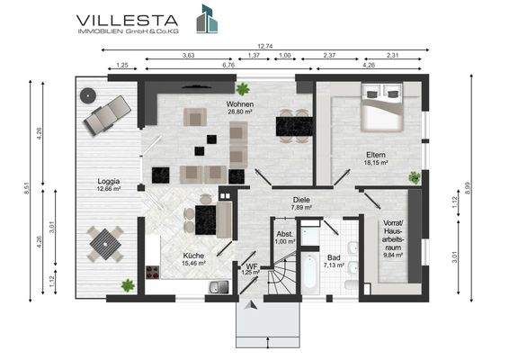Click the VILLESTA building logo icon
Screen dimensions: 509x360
[x=207, y=19]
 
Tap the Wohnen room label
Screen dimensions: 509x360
[x=240, y=104]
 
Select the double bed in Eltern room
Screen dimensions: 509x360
[x=382, y=106]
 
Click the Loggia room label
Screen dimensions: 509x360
[x=109, y=181]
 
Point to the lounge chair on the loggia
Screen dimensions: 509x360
[x=107, y=115]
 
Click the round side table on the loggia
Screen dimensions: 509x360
[x=88, y=95]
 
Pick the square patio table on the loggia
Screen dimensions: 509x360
[x=105, y=244]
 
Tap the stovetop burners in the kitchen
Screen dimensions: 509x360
[x=152, y=273]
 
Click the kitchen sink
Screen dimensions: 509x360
[x=219, y=287]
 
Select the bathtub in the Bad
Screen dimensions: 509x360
[x=309, y=272]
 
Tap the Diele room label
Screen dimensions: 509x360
[x=301, y=200]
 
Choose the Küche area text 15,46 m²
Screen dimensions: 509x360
[x=193, y=263]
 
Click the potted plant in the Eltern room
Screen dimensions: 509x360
[x=415, y=177]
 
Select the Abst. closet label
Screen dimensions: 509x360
[x=285, y=234]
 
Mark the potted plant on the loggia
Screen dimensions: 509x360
[x=128, y=285]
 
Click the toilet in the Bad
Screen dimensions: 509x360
[x=352, y=286]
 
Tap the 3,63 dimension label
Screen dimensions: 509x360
[x=189, y=55]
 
